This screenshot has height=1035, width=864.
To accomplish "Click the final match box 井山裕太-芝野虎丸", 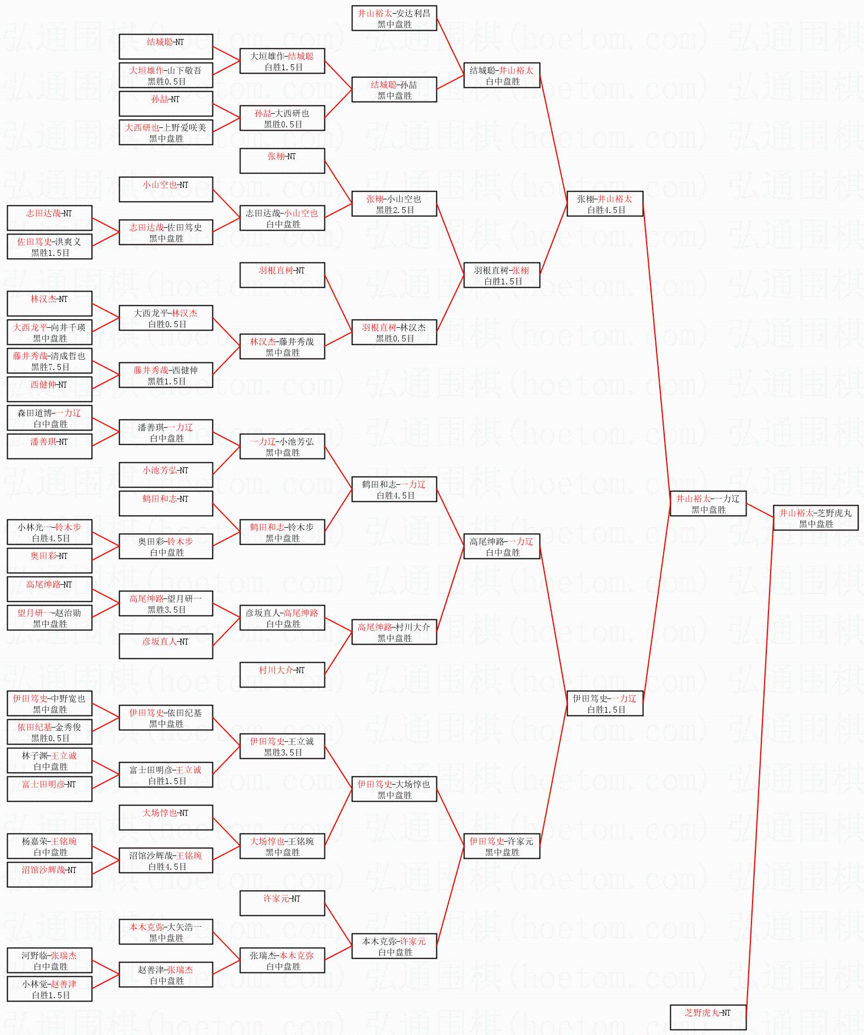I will point(816,518).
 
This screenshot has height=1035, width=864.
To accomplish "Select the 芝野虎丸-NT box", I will point(708,1017).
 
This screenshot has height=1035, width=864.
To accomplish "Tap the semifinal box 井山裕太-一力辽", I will point(708,503).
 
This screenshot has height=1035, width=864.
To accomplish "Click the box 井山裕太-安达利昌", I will point(394,18).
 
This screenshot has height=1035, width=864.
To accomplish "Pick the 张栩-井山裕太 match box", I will point(604,204).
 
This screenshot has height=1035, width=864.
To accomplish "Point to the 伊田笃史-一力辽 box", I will point(604,703).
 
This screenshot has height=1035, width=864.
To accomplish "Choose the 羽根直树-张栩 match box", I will point(502,275).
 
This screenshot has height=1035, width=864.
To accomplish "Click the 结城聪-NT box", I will point(166,47).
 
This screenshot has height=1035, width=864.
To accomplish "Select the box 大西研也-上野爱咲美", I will point(166,132).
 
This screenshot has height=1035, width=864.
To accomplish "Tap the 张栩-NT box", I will point(282,161).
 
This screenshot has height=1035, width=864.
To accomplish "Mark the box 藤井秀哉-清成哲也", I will point(49,361).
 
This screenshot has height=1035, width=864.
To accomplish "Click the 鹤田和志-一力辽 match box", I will point(394,489).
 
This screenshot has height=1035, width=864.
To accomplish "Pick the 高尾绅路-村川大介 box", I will point(394,632).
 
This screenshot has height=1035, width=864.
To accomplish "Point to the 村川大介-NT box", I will point(282,675).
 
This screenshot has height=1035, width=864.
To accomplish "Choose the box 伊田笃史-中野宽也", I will point(49,703).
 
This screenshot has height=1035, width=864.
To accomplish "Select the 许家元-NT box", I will point(282,903).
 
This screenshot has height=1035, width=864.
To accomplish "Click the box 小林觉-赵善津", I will point(49,989).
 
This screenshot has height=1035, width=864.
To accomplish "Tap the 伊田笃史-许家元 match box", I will point(502,846).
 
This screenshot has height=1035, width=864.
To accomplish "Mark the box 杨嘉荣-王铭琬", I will point(49,846).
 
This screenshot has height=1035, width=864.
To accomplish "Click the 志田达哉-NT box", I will point(49,218).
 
